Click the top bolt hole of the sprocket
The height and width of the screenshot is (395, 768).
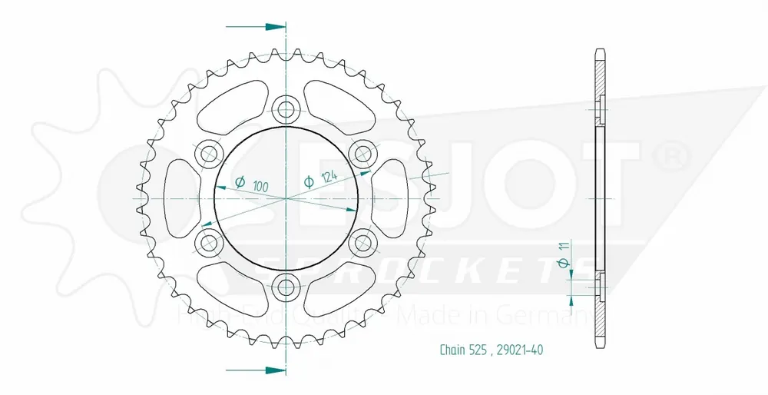tap(286, 108)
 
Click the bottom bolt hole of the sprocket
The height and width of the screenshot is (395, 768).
tap(286, 288)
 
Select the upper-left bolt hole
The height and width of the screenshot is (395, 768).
tap(208, 154)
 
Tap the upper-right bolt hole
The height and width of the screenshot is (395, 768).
tap(364, 154)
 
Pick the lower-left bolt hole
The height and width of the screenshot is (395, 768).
tap(208, 243)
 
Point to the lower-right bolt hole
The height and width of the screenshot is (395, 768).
tap(364, 243)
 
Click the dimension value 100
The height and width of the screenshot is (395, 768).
tap(260, 186)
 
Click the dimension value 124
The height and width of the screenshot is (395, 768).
tap(330, 178)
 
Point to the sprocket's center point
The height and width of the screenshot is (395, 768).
tap(286, 198)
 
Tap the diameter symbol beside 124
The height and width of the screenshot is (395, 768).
tap(309, 182)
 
